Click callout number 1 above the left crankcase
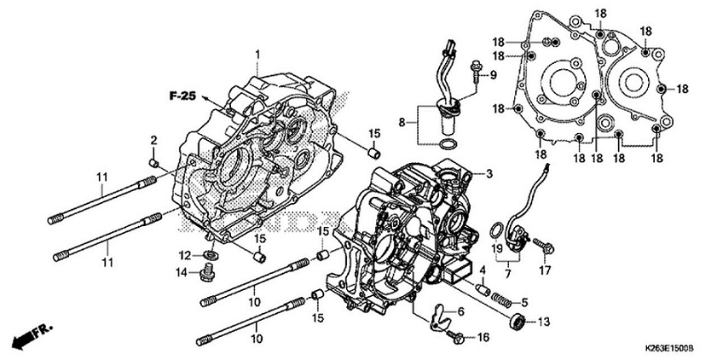coord(256,55)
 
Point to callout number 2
coord(154,140)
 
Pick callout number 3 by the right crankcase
coord(489,174)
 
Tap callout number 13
coord(543,322)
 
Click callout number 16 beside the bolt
coord(484,338)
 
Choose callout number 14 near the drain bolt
coord(180,272)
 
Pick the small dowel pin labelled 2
coord(153,160)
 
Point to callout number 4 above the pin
coord(482,270)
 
